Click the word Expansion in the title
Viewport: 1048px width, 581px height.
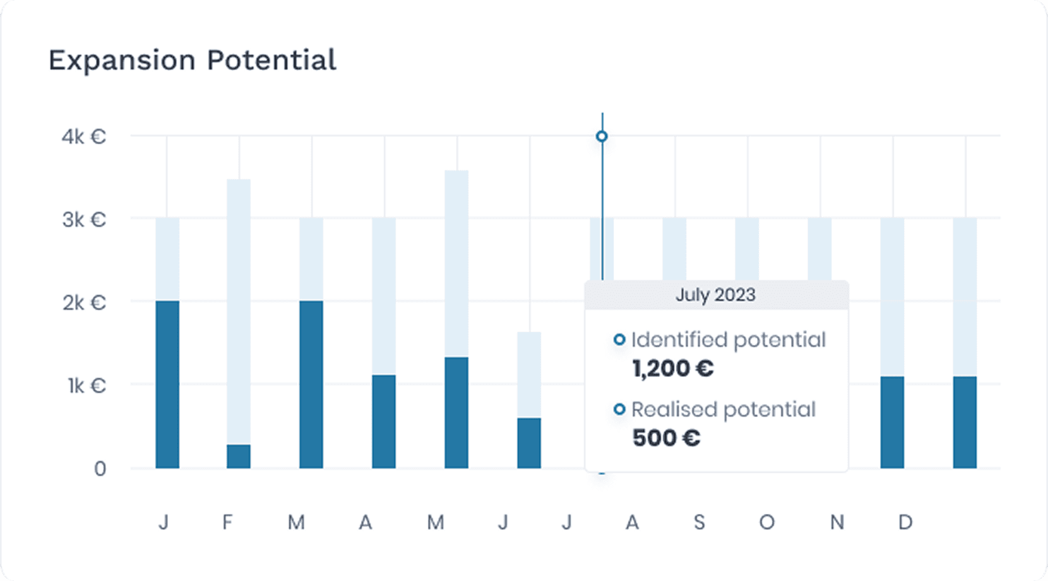(122, 61)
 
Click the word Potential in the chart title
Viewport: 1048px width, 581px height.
(271, 61)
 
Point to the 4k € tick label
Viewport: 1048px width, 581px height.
(83, 136)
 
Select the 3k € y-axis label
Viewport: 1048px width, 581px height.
(83, 220)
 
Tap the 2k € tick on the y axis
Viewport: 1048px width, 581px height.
(83, 303)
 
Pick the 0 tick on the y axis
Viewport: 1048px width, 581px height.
(100, 469)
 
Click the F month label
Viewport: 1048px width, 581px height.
(227, 522)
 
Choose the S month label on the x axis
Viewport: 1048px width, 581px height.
(699, 522)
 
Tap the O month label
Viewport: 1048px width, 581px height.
(766, 522)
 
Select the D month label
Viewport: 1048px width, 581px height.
(905, 522)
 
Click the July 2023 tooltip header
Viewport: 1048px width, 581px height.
(715, 295)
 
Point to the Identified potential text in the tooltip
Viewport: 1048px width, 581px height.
(728, 340)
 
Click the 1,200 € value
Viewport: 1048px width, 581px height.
(672, 368)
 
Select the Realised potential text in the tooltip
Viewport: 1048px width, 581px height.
(723, 409)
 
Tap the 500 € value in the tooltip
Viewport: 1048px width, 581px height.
(666, 438)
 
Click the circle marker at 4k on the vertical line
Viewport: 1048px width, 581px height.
(602, 136)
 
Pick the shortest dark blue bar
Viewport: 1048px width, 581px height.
(239, 456)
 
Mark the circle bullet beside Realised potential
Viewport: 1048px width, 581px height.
(619, 409)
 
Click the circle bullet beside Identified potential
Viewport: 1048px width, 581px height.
(619, 340)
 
